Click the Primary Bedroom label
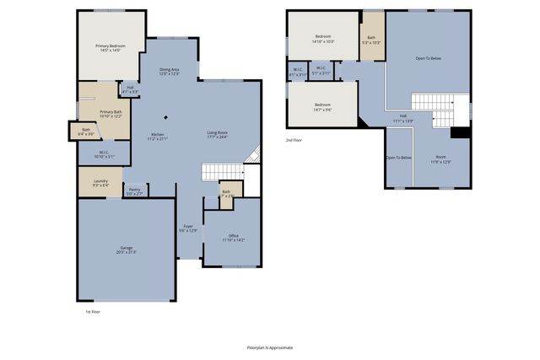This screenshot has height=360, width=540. [x=111, y=49]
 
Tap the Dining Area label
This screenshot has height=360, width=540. [x=170, y=73]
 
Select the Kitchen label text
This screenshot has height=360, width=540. [x=158, y=137]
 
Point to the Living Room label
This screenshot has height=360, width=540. [x=219, y=134]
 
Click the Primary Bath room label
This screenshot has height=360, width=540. [x=111, y=114]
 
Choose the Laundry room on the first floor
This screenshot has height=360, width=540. [x=100, y=182]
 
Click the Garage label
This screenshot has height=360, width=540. [x=127, y=250]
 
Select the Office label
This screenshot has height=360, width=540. [x=234, y=238]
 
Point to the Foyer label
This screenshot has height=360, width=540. [x=190, y=228]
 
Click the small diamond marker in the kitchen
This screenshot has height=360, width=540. [x=165, y=117]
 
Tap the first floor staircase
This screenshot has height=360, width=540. [x=222, y=171]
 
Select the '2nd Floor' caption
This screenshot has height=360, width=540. [x=294, y=139]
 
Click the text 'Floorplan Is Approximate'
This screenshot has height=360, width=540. [x=270, y=347]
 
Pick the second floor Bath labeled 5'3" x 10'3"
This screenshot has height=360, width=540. [x=371, y=40]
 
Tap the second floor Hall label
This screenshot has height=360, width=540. [x=403, y=118]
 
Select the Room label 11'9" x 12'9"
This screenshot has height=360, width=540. [x=440, y=159]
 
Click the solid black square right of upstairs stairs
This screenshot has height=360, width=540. [x=461, y=132]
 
